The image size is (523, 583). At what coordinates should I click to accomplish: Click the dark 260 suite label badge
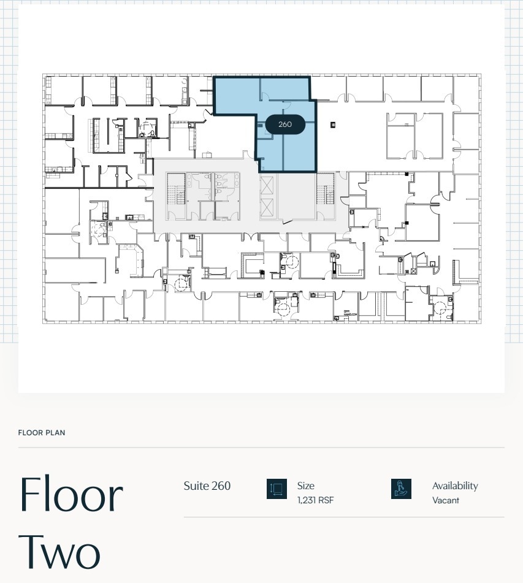(x=285, y=124)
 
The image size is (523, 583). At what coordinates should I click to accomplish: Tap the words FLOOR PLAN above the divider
(x=42, y=433)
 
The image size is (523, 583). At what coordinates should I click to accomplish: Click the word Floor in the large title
(x=71, y=494)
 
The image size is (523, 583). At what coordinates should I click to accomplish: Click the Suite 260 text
(x=207, y=486)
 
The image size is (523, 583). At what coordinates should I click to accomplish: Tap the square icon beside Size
(x=277, y=489)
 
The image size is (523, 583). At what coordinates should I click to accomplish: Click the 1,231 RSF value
(x=315, y=500)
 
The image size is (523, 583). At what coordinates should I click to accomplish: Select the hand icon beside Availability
(x=401, y=489)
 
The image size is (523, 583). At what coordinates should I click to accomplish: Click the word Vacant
(x=445, y=500)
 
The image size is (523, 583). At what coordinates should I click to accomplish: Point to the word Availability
(x=454, y=486)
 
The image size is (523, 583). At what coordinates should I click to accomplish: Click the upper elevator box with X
(x=268, y=186)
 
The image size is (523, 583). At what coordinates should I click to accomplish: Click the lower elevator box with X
(x=268, y=208)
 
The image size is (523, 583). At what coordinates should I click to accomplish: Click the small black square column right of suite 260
(x=333, y=125)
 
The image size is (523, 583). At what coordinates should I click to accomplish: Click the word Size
(x=305, y=486)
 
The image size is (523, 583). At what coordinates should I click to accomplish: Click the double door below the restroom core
(x=251, y=237)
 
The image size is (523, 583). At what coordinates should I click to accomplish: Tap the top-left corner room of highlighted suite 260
(x=236, y=95)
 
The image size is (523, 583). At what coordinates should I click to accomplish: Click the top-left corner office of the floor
(x=63, y=89)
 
